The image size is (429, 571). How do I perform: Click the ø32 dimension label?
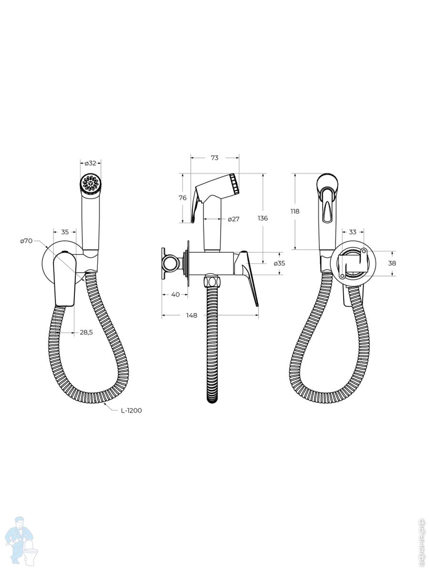[91, 163]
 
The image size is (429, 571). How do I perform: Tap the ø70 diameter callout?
[26, 241]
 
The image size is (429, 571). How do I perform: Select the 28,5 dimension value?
[86, 332]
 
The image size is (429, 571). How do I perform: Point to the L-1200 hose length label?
[131, 411]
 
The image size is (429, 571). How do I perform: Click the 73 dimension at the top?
[214, 158]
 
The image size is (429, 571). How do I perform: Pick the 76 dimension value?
[183, 197]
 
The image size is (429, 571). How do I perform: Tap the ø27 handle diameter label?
[234, 219]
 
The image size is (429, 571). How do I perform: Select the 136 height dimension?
[263, 218]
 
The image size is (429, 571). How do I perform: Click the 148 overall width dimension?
[192, 315]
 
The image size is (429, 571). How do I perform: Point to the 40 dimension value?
[175, 294]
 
